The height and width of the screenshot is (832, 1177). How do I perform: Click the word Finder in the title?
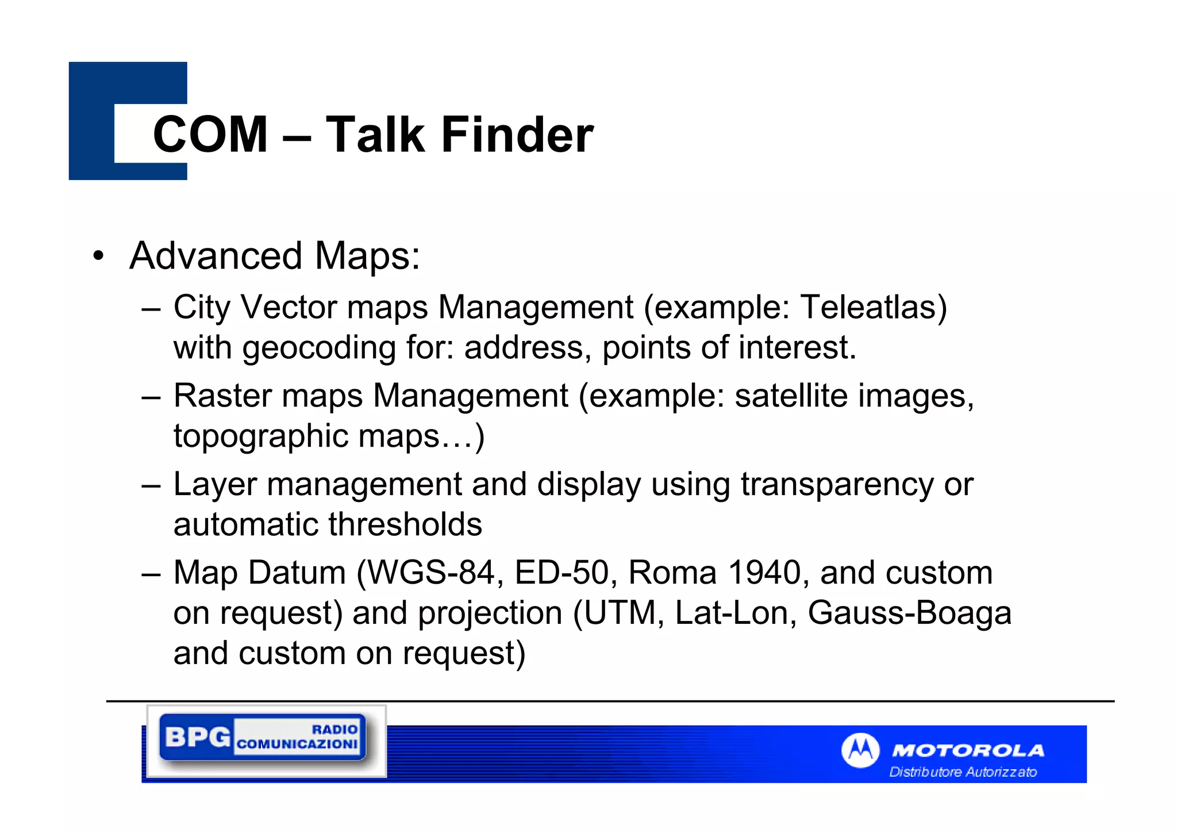point(517,135)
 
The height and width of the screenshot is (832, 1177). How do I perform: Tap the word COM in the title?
point(210,135)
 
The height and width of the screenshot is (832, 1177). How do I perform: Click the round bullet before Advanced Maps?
point(99,256)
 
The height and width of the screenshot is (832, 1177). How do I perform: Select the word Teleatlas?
point(873,307)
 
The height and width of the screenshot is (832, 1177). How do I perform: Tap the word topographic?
point(260,436)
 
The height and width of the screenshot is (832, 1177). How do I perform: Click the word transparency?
point(837,484)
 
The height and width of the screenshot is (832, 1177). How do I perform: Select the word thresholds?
point(405,524)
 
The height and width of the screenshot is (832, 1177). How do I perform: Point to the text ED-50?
point(561,573)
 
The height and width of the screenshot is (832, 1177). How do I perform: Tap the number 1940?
point(764,573)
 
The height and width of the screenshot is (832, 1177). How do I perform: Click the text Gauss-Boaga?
point(909,613)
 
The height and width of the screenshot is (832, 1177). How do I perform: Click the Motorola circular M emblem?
point(860,750)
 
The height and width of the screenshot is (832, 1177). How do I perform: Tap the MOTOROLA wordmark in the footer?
point(968,750)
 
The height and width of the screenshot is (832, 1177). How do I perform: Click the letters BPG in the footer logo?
point(197,737)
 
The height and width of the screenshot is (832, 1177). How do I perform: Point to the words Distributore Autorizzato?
point(963,772)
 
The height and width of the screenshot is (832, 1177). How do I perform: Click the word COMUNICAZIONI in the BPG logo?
point(297,745)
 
